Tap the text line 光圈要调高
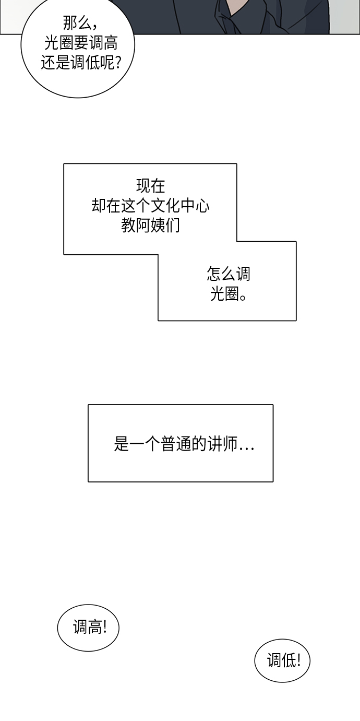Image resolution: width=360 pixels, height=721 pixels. [81, 43]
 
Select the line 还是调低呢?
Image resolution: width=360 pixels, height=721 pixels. [81, 62]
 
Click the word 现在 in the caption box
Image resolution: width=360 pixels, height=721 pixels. [151, 186]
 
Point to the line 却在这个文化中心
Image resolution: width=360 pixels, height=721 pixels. [151, 206]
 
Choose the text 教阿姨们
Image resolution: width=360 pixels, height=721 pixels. [151, 226]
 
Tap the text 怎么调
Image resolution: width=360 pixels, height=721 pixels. [229, 274]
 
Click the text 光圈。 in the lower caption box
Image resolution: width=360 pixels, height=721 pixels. [229, 293]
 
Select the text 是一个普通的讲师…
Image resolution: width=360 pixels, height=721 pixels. [184, 444]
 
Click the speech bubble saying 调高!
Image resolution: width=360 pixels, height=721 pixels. [88, 628]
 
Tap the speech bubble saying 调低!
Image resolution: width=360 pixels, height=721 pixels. [282, 660]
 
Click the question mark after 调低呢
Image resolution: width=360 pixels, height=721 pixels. [118, 63]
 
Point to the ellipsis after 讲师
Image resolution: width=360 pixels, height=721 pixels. [246, 447]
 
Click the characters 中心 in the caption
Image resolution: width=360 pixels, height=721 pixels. [195, 206]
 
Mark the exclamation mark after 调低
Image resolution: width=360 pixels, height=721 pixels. [298, 660]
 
